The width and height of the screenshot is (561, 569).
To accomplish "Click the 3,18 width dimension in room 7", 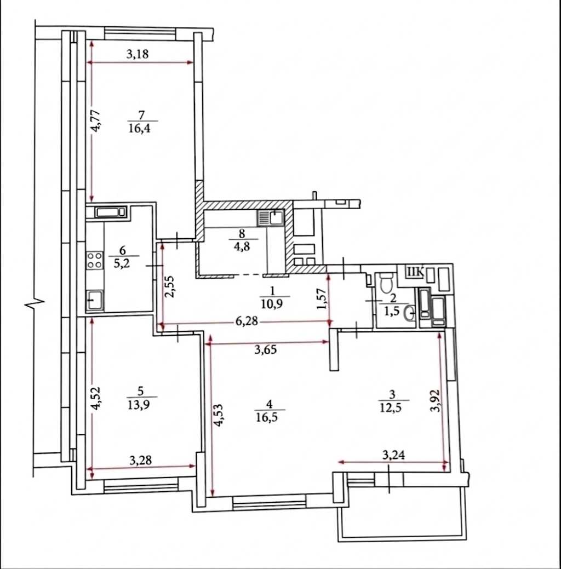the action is [x=138, y=54].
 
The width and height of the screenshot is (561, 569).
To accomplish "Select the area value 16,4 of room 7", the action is [x=140, y=128].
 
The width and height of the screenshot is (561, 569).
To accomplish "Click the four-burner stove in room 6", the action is [x=94, y=260].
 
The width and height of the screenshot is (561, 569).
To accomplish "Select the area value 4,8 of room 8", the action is [x=242, y=246].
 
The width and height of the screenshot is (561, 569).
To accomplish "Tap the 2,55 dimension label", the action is [x=170, y=286].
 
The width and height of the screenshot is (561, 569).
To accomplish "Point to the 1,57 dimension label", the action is [x=322, y=299].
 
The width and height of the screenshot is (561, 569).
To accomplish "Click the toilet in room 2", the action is [x=385, y=281].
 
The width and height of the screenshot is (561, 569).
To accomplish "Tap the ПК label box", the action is [x=415, y=272].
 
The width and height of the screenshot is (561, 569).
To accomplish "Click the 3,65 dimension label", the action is [x=265, y=350].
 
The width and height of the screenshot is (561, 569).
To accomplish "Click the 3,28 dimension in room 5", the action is [x=140, y=461].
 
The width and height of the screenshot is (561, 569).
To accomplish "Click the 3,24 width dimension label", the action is [x=394, y=455].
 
